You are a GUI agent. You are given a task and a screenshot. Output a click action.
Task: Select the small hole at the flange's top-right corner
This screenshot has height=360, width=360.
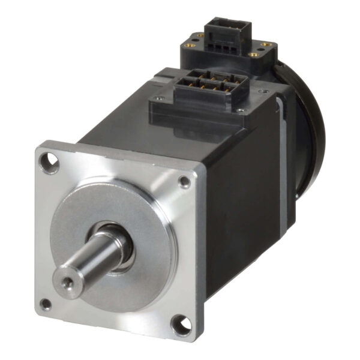[184, 182]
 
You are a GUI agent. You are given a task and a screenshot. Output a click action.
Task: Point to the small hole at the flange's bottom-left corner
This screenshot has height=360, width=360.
[46, 305]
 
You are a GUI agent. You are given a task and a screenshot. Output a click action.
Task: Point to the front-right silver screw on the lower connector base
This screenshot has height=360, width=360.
[240, 110]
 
